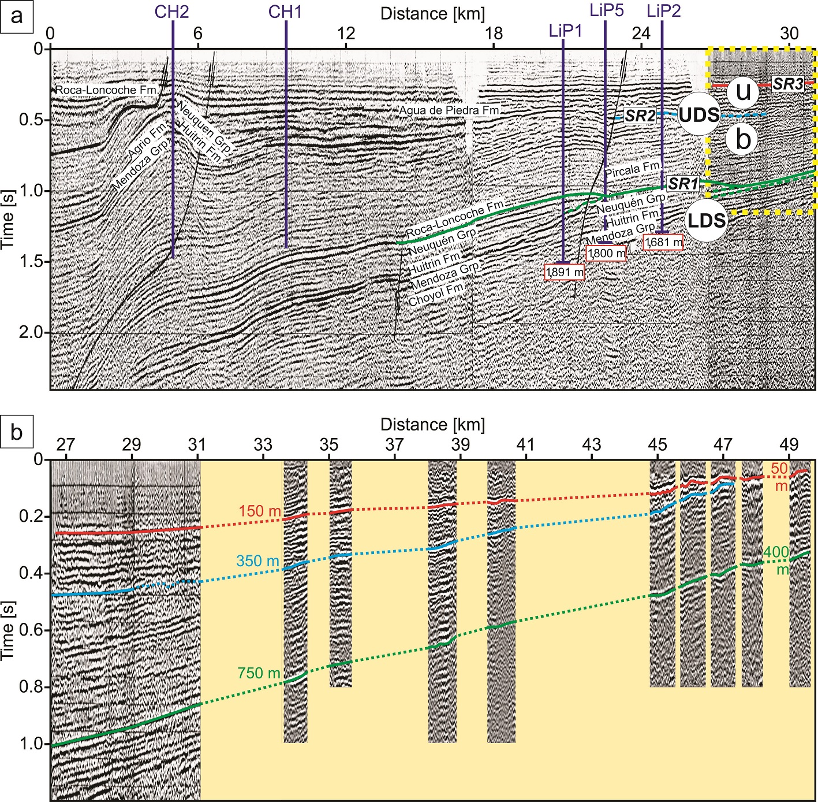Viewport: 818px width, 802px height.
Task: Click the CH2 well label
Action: coord(172,12)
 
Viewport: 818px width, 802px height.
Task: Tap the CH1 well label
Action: coord(285,12)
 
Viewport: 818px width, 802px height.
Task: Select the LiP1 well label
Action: coord(565,31)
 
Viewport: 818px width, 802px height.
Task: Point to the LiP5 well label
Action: coord(606,10)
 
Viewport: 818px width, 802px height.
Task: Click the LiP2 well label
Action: coord(663,10)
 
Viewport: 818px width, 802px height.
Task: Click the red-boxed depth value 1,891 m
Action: coord(565,272)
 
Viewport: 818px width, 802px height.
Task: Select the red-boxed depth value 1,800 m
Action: coord(606,253)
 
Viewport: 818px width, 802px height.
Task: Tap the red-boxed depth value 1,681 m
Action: coord(663,242)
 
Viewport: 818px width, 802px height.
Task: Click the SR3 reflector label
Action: coord(788,84)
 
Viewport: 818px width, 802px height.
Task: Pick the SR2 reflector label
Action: coord(640,116)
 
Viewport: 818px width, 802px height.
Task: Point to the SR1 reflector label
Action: coord(683,184)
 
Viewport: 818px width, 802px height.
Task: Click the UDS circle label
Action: coord(699,115)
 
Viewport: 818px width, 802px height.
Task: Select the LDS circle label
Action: coord(706,221)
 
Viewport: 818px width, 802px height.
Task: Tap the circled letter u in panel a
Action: coord(743,92)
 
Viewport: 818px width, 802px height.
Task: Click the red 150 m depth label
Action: coord(260,511)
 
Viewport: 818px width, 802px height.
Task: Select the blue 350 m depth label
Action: coord(258,560)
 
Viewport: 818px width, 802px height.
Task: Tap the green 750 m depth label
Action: coord(259,673)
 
